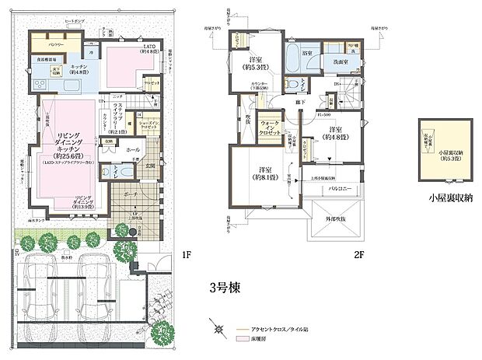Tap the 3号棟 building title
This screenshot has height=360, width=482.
point(223,285)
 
